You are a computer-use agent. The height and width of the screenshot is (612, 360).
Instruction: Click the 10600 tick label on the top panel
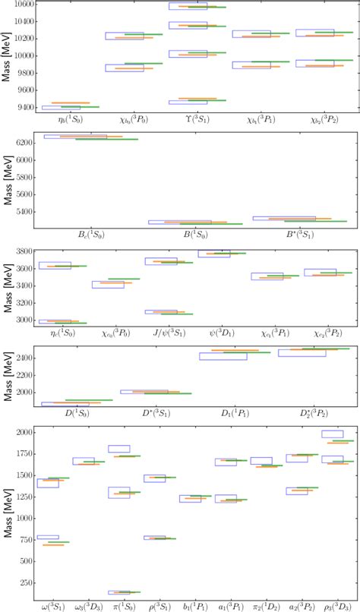click(x=21, y=4)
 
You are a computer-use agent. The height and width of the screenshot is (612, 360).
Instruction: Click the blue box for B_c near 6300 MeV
click(x=75, y=137)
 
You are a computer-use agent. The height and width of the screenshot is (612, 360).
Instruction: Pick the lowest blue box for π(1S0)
click(x=118, y=592)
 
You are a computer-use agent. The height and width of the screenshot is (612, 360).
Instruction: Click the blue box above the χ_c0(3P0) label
click(x=108, y=285)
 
